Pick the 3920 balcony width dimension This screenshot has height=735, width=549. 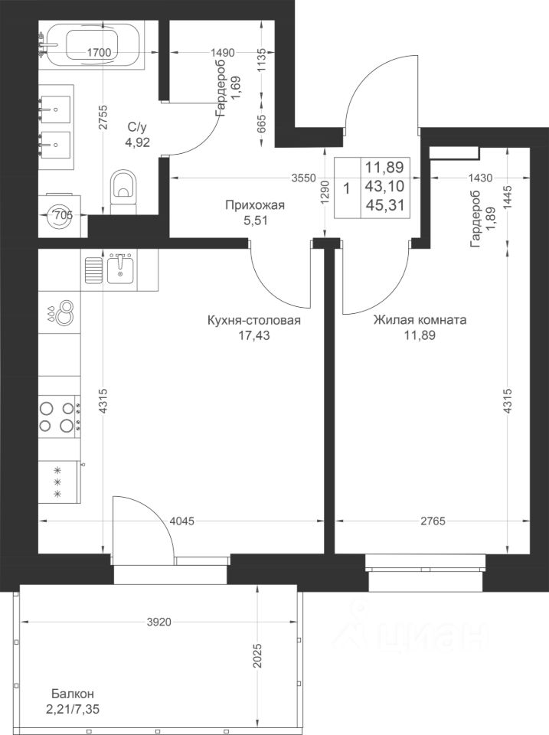159,622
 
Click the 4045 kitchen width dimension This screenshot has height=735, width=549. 181,521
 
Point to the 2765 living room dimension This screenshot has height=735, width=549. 433,521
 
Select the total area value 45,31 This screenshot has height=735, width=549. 384,205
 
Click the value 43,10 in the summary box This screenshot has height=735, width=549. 384,186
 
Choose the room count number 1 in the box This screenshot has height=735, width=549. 346,189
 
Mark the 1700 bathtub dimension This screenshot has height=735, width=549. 99,53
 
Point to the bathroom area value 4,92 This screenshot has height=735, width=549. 137,142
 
